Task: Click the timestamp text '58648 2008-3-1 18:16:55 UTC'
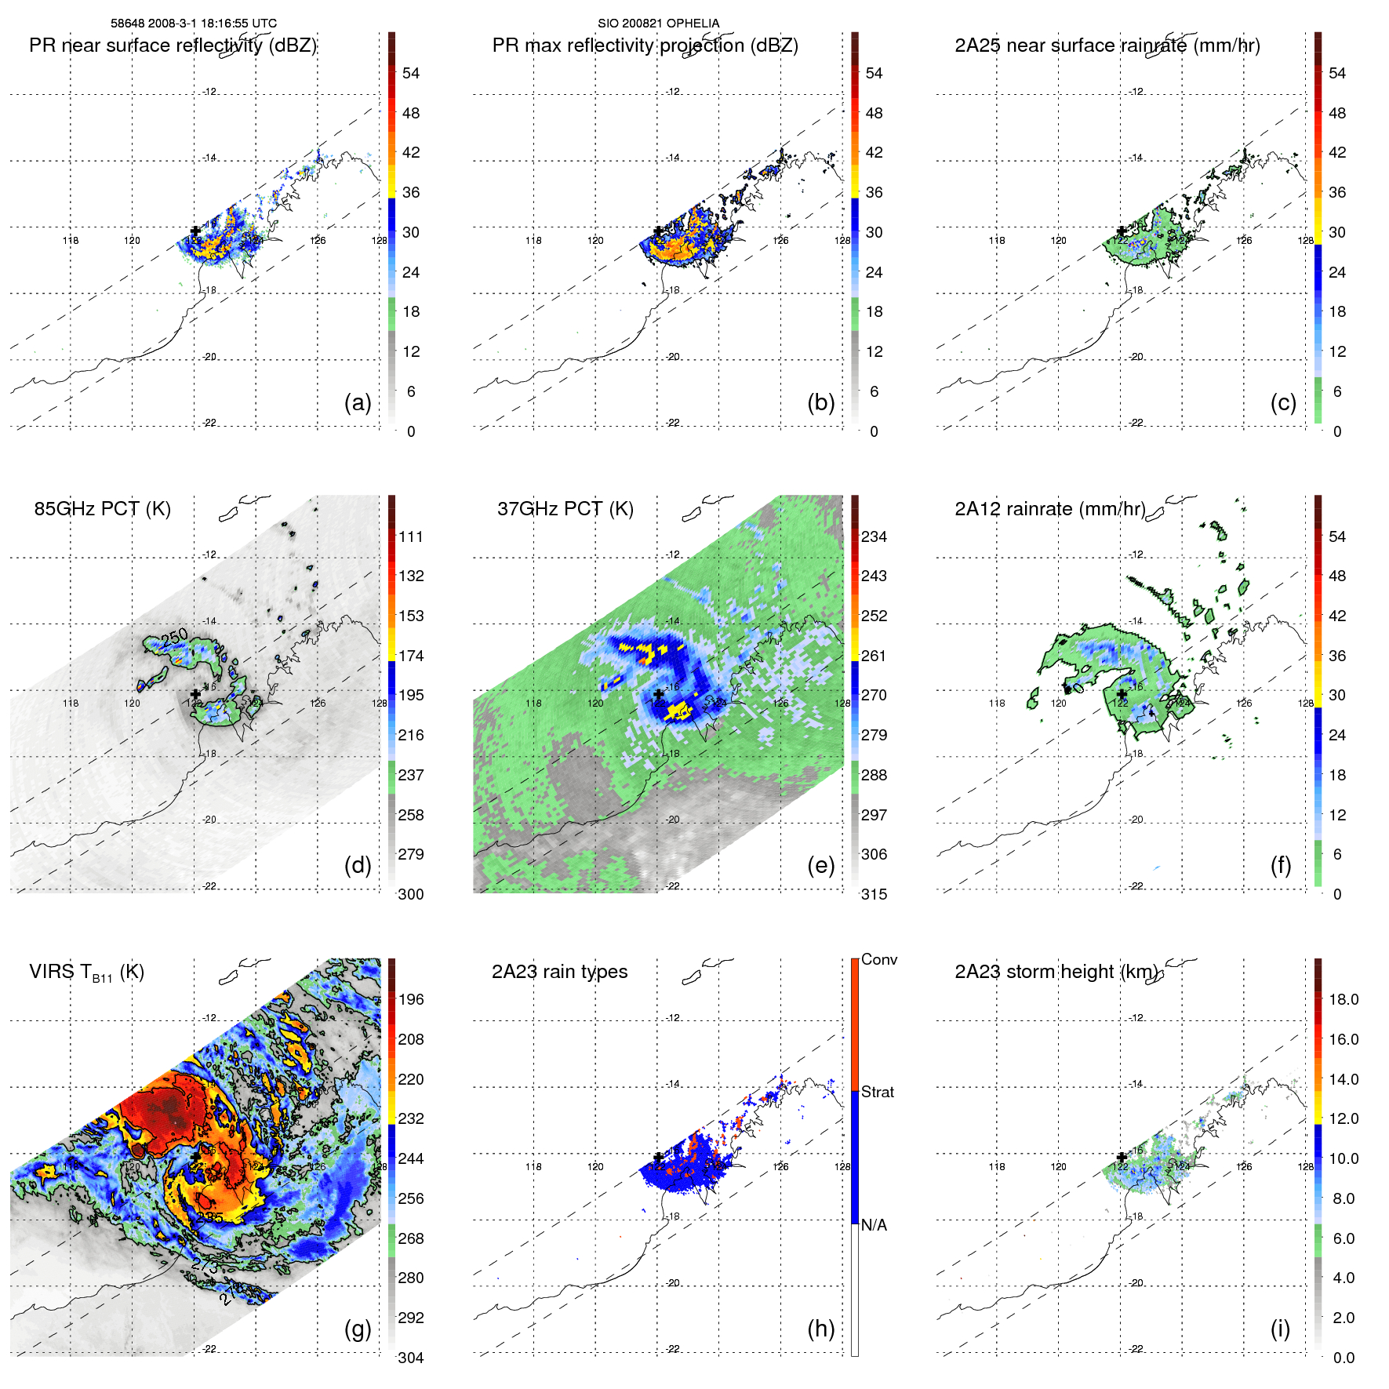[x=194, y=24]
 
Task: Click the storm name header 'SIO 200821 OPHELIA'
[x=658, y=24]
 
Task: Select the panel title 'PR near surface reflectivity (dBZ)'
[x=173, y=45]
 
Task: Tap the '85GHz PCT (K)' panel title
[x=102, y=509]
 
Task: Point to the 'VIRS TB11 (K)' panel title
[x=86, y=973]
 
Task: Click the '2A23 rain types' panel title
[x=559, y=972]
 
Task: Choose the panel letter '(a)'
[x=358, y=402]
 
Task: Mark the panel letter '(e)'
[x=820, y=865]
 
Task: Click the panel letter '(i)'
[x=1280, y=1329]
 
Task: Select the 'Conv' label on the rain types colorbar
[x=878, y=960]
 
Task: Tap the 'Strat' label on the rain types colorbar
[x=877, y=1093]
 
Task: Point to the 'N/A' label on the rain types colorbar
[x=874, y=1225]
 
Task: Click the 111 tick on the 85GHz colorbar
[x=411, y=537]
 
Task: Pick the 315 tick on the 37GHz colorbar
[x=874, y=894]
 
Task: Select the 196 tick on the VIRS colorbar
[x=411, y=1000]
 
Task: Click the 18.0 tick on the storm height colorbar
[x=1344, y=1000]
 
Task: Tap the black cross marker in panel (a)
[x=195, y=231]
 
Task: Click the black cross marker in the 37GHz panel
[x=659, y=694]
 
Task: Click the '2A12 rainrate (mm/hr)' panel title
[x=1049, y=509]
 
